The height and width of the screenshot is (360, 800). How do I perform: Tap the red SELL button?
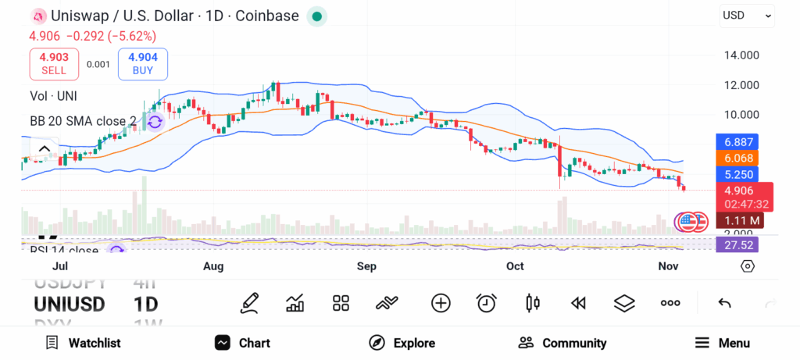click(54, 64)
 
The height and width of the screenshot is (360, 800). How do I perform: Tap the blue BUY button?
click(143, 64)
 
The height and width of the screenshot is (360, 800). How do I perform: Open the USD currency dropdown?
click(747, 15)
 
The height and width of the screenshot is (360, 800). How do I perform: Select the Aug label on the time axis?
click(213, 266)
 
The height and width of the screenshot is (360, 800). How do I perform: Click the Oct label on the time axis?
click(514, 266)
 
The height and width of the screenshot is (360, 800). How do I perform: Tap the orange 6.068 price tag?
click(736, 158)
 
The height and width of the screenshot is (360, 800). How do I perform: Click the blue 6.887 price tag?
click(736, 141)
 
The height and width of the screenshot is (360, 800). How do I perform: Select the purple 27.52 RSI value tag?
click(736, 244)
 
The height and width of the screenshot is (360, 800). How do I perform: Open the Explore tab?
click(402, 343)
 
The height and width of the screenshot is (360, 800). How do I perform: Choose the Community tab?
click(562, 343)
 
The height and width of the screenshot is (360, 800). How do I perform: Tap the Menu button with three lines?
click(722, 343)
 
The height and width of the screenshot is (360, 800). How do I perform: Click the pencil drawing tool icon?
click(249, 303)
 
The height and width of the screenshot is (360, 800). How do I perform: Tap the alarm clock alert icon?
click(487, 303)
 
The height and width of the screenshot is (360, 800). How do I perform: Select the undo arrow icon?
click(724, 303)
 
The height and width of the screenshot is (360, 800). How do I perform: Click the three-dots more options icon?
click(670, 303)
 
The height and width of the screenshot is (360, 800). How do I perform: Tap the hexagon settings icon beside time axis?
click(748, 266)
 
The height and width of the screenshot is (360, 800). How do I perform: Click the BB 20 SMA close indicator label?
click(83, 121)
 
